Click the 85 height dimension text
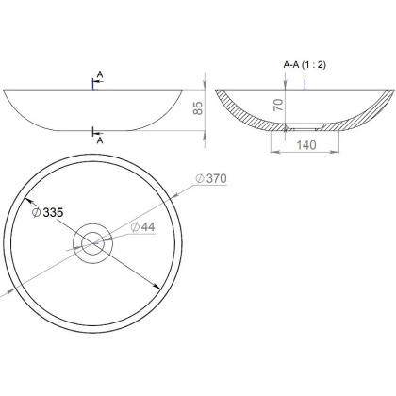pyautogui.click(x=197, y=109)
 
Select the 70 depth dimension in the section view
pyautogui.click(x=279, y=105)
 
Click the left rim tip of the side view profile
pyautogui.click(x=5, y=90)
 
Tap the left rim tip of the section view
pyautogui.click(x=216, y=90)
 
